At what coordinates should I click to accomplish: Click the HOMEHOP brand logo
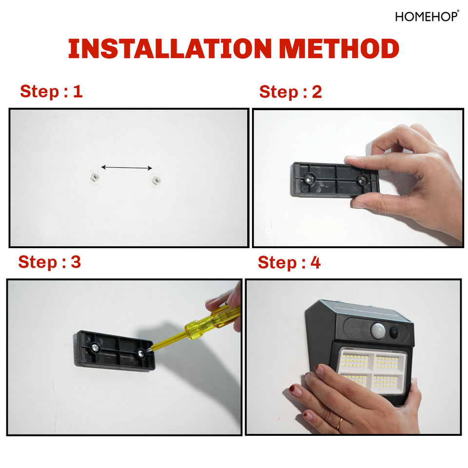pos(427,17)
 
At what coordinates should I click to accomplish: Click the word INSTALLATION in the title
pos(170,48)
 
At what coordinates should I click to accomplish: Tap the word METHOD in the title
pos(339,48)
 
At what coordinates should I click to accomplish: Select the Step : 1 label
pos(51,91)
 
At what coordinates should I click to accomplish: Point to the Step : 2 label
pos(291,92)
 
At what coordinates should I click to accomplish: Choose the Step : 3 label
pos(50,262)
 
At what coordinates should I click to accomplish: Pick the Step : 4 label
pos(289,262)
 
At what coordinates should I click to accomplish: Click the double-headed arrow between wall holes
pos(127,168)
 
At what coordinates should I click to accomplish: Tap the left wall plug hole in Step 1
pos(95,178)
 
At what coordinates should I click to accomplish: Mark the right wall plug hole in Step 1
pos(156,180)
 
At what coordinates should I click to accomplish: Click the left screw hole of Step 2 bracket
pos(309,179)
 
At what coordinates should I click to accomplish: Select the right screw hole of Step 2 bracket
pos(363,180)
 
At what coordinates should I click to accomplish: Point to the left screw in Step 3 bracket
pos(95,348)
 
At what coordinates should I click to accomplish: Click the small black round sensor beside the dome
pos(394,332)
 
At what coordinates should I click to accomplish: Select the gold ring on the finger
pos(339,424)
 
